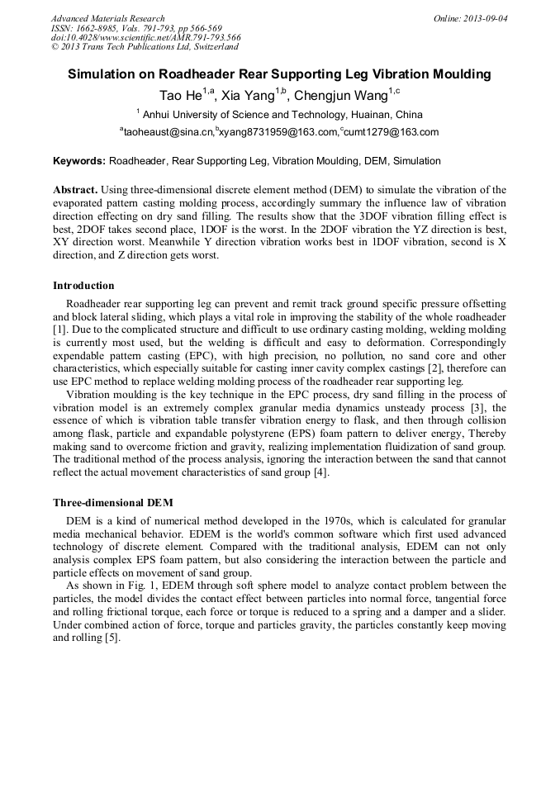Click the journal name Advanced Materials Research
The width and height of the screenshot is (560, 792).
pyautogui.click(x=107, y=18)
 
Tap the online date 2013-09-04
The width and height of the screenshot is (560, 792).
pyautogui.click(x=486, y=18)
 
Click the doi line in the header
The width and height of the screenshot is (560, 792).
pyautogui.click(x=145, y=37)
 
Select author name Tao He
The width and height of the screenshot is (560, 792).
pyautogui.click(x=178, y=95)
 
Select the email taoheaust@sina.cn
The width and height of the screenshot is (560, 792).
pyautogui.click(x=168, y=132)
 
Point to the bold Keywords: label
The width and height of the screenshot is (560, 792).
pyautogui.click(x=79, y=161)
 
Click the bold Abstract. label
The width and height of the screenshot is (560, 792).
pyautogui.click(x=76, y=190)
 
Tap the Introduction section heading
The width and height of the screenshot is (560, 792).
pyautogui.click(x=83, y=286)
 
